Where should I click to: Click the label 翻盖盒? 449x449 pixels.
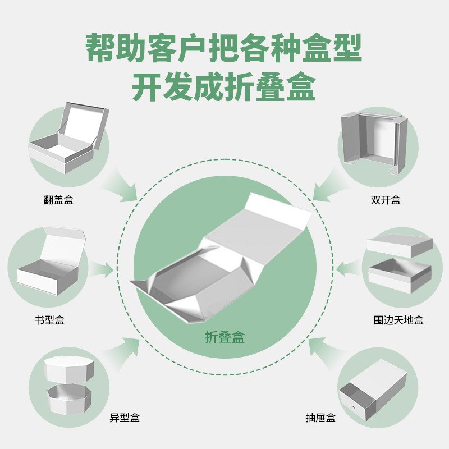58,199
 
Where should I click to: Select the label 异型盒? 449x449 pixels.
125,418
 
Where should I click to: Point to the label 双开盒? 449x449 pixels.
386,199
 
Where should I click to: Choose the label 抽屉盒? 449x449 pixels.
320,418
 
